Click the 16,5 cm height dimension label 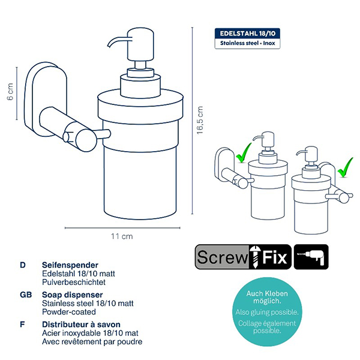pyautogui.click(x=200, y=120)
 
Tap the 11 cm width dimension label pyautogui.click(x=122, y=236)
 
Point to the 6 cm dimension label pyautogui.click(x=10, y=92)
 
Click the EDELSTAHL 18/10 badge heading pyautogui.click(x=247, y=34)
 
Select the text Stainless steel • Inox pyautogui.click(x=247, y=43)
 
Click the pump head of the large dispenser pyautogui.click(x=140, y=44)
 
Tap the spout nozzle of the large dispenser pyautogui.click(x=117, y=41)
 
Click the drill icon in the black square pyautogui.click(x=311, y=257)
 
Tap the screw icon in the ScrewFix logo pyautogui.click(x=254, y=257)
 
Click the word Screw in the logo pyautogui.click(x=223, y=257)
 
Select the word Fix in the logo pyautogui.click(x=275, y=257)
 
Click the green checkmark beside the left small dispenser pyautogui.click(x=244, y=152)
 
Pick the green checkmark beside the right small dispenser pyautogui.click(x=346, y=167)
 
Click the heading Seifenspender pyautogui.click(x=70, y=265)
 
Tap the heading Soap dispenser pyautogui.click(x=73, y=295)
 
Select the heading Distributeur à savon pyautogui.click(x=81, y=325)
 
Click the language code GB pyautogui.click(x=26, y=295)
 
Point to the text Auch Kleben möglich pyautogui.click(x=267, y=297)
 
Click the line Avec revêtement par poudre pyautogui.click(x=92, y=341)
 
